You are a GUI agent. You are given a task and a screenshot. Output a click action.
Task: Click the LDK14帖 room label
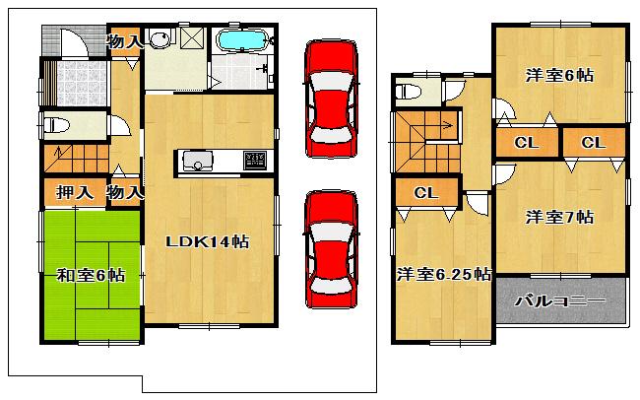click(207, 242)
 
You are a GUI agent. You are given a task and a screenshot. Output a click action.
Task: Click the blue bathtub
click(242, 42)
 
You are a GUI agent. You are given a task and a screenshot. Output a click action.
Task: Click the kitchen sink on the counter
click(193, 160)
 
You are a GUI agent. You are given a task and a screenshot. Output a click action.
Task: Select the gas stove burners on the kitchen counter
click(254, 160)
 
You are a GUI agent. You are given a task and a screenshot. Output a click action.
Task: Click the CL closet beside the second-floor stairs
click(425, 192)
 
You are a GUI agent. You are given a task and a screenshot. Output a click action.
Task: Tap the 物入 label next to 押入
click(124, 192)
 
